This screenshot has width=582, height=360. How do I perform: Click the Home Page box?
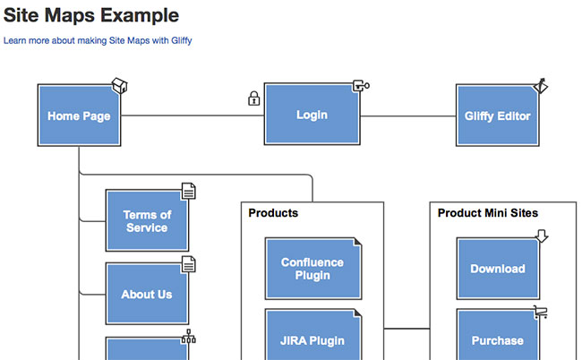[79, 115]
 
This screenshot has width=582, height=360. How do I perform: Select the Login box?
[312, 114]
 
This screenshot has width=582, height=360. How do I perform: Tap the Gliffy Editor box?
[497, 115]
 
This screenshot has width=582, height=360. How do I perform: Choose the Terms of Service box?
[148, 220]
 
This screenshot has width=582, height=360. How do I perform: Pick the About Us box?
[148, 294]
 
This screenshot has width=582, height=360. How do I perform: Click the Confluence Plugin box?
[313, 269]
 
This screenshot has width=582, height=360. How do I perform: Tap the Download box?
[498, 269]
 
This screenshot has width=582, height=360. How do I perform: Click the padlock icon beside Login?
[254, 99]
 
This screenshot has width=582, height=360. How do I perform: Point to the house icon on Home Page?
[119, 85]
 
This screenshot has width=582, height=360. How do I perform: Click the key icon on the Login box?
[361, 86]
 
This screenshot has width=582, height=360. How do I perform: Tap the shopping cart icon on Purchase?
[541, 313]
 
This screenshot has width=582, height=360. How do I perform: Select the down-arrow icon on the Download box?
[542, 236]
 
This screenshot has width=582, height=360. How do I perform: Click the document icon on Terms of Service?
[189, 191]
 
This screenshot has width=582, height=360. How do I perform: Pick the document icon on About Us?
[189, 264]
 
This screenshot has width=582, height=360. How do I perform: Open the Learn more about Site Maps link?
[98, 40]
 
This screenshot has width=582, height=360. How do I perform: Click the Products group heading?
[273, 212]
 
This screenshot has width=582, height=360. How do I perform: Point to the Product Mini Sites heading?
[488, 212]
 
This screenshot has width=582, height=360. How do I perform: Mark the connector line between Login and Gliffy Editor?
[408, 116]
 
